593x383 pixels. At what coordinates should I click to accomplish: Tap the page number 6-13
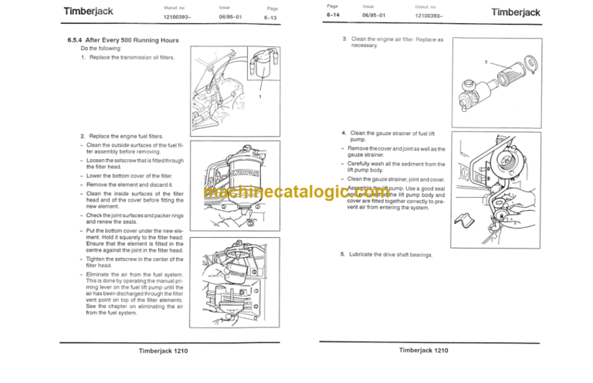[x=272, y=16]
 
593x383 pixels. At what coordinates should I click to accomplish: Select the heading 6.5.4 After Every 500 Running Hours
[x=122, y=39]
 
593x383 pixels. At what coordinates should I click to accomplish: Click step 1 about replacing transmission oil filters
[x=127, y=58]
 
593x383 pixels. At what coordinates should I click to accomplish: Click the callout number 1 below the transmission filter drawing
[x=260, y=97]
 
